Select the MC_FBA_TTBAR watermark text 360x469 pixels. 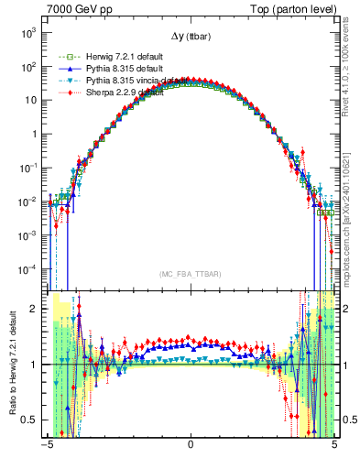coord(191,273)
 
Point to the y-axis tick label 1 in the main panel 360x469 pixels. coord(39,134)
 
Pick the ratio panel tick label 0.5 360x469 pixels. coord(36,420)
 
